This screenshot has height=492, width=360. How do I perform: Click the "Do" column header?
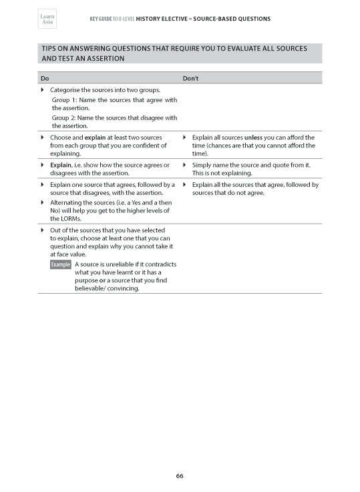44,79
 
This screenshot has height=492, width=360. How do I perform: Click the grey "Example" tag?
61,265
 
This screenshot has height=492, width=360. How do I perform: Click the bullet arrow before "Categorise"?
43,90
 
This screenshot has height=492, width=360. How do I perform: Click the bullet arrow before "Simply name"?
185,164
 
